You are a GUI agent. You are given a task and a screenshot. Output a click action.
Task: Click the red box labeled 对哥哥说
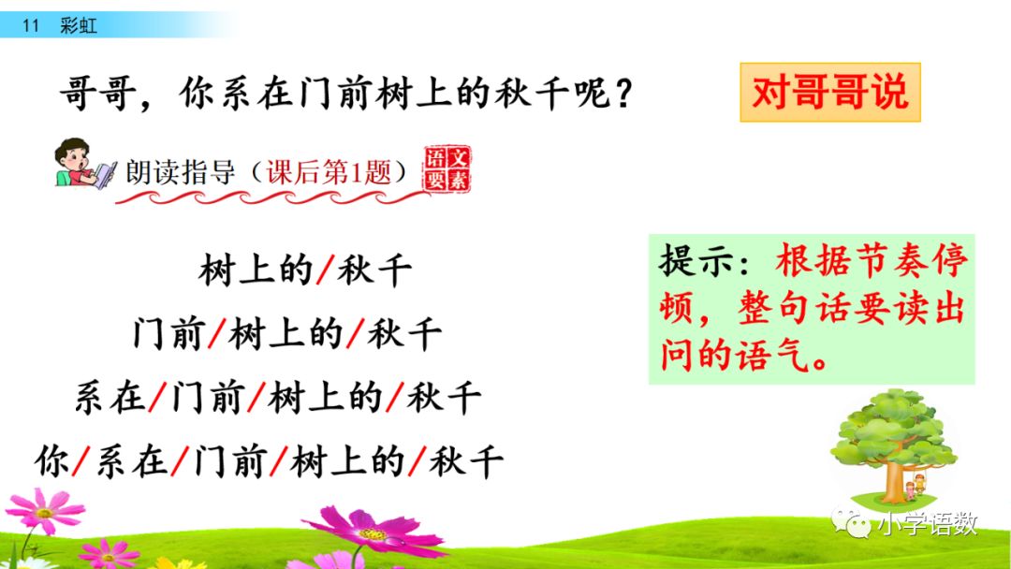pos(830,92)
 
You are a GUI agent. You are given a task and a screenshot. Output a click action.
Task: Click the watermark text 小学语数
pos(927,523)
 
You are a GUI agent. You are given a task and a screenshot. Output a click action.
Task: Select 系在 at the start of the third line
pos(110,399)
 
